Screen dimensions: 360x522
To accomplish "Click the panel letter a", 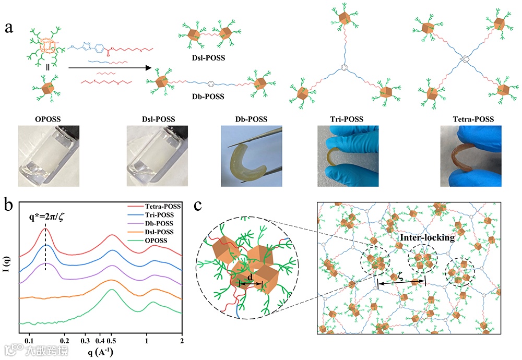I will pyautogui.click(x=9, y=27).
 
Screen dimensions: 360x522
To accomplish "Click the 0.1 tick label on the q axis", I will pyautogui.click(x=30, y=340).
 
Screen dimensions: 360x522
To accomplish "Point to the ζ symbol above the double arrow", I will pyautogui.click(x=401, y=276).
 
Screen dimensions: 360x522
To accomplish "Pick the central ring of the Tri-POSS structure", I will pyautogui.click(x=343, y=68).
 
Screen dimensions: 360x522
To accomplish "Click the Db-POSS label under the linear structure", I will pyautogui.click(x=207, y=96).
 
